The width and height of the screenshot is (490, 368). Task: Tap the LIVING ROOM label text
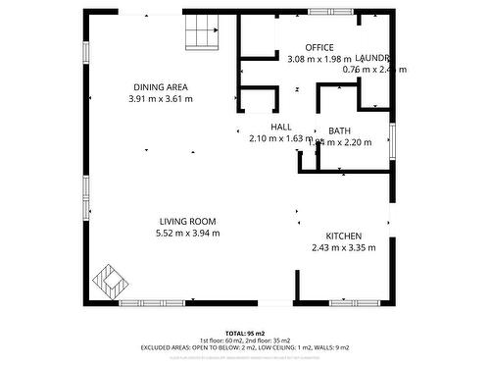click(x=188, y=222)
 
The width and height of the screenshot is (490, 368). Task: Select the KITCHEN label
click(x=344, y=237)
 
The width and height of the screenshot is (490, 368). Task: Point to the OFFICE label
click(x=319, y=47)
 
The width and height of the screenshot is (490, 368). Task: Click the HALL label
click(x=281, y=128)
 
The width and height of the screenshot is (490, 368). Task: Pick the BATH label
click(x=340, y=131)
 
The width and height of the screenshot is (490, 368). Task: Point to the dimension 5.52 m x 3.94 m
click(x=188, y=234)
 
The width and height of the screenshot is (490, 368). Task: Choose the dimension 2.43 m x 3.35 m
click(x=344, y=248)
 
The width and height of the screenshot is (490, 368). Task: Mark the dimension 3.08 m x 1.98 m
click(x=318, y=59)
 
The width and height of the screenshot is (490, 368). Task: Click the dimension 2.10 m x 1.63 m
click(x=281, y=139)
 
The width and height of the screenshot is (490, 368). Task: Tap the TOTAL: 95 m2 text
click(x=245, y=334)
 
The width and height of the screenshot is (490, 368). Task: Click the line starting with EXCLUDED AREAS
click(x=245, y=348)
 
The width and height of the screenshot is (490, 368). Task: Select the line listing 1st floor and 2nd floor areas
click(x=245, y=341)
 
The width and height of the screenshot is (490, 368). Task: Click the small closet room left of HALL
click(x=258, y=103)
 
